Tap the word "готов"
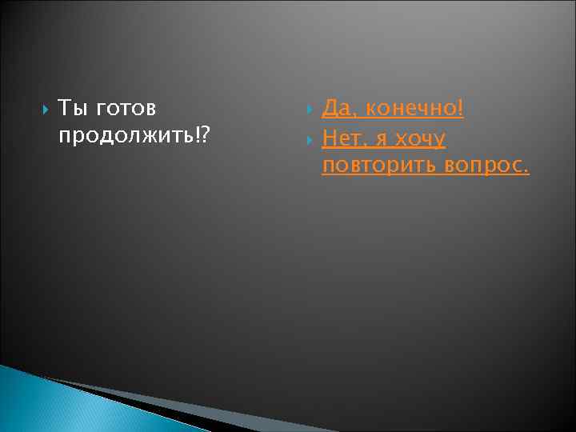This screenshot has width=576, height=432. (126, 108)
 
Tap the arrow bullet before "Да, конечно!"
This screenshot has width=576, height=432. (310, 108)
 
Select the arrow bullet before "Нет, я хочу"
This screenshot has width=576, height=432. (310, 139)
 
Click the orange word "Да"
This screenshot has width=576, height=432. (336, 108)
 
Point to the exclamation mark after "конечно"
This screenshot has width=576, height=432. (461, 106)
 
